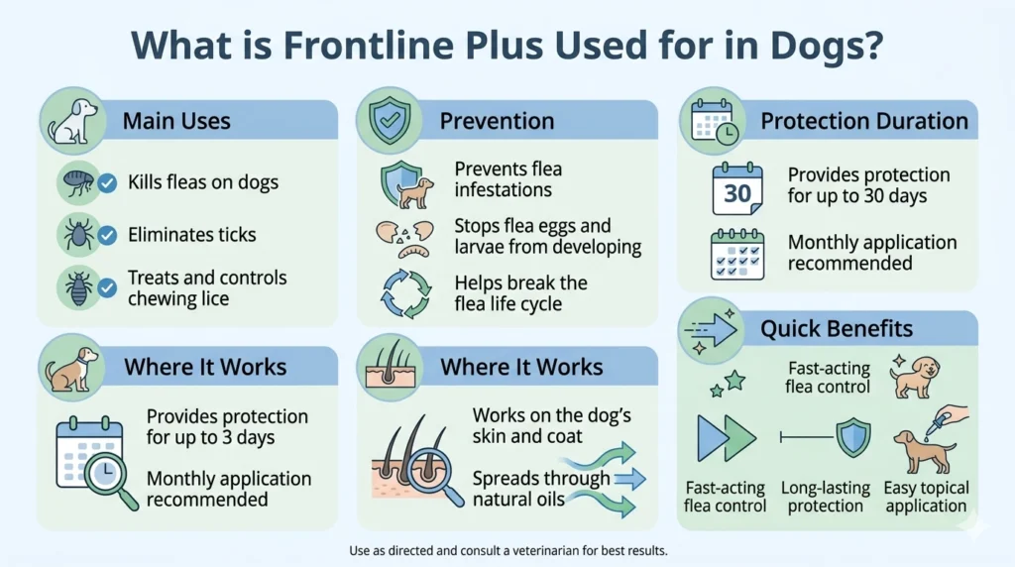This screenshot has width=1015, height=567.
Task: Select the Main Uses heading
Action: point(176,121)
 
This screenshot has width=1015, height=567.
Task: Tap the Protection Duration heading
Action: point(864,121)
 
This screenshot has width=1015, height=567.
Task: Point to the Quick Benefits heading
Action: point(836,328)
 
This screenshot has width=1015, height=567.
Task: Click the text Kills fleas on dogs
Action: point(203,182)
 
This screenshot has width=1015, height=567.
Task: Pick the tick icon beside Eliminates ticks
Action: point(77,235)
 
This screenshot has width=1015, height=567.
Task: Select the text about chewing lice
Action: point(207,288)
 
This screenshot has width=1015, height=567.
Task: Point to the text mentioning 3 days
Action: point(227,427)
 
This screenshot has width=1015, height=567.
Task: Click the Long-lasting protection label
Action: point(825,497)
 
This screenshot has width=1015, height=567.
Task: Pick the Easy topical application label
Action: point(925,497)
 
